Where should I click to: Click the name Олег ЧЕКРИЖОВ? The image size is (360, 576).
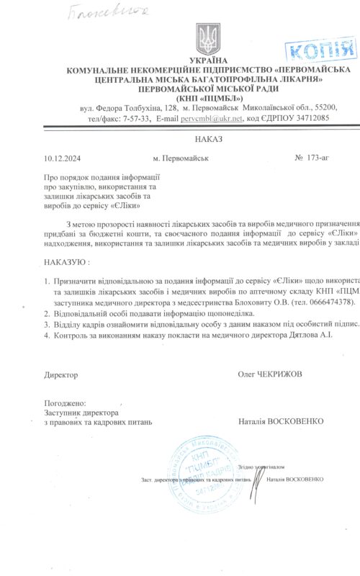270,374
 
